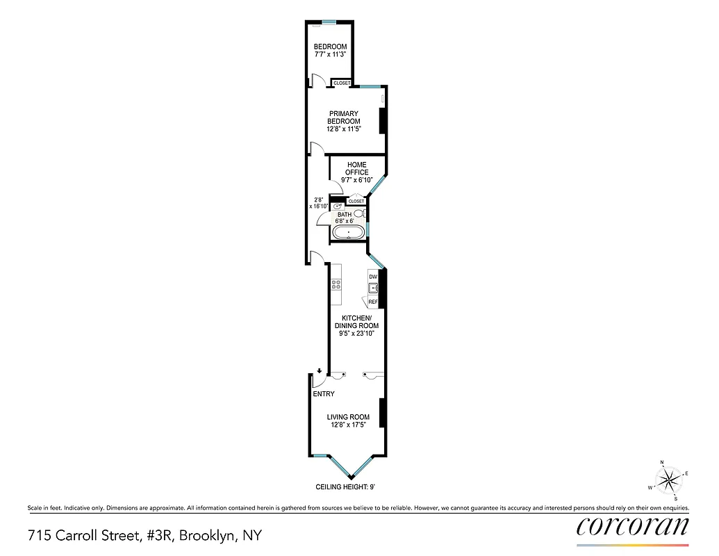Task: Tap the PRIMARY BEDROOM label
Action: point(344,117)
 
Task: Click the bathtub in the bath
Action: point(347,231)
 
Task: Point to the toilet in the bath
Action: point(358,215)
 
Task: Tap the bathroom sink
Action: point(338,206)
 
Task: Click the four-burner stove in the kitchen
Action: point(336,284)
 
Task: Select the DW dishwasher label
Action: point(373,277)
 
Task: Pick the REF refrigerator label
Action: point(373,302)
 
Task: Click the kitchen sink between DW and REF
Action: point(373,288)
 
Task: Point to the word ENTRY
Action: point(324,394)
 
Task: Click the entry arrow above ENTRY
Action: point(319,372)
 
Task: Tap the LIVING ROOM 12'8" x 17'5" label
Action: point(349,421)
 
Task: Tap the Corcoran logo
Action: point(632,526)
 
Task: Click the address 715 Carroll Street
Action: point(145,536)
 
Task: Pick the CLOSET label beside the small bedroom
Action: point(342,83)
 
